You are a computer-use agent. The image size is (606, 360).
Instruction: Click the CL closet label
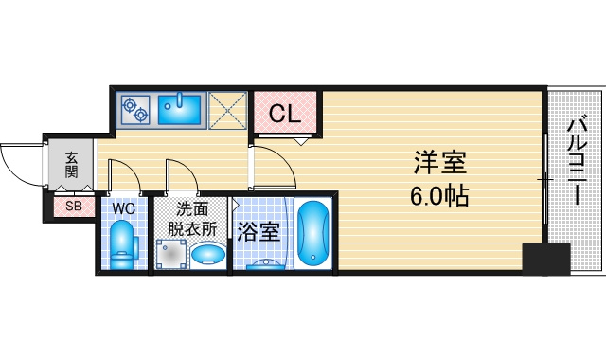pyautogui.click(x=284, y=114)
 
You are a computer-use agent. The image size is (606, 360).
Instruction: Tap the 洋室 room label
pyautogui.click(x=440, y=162)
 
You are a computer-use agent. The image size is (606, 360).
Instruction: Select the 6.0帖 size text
pyautogui.click(x=439, y=196)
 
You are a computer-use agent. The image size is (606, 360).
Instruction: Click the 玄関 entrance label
pyautogui.click(x=72, y=165)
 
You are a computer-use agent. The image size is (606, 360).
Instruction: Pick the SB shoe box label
pyautogui.click(x=74, y=207)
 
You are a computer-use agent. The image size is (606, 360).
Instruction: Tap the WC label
pyautogui.click(x=124, y=208)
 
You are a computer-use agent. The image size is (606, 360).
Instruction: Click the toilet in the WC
pyautogui.click(x=123, y=244)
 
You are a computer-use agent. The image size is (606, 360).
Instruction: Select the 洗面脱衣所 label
pyautogui.click(x=192, y=219)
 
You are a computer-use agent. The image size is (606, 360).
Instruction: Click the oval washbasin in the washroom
pyautogui.click(x=208, y=254)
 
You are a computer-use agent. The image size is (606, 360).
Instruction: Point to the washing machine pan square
pyautogui.click(x=170, y=254)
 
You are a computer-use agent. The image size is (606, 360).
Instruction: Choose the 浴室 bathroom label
pyautogui.click(x=258, y=231)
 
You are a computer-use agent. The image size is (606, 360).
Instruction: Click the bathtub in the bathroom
pyautogui.click(x=313, y=233)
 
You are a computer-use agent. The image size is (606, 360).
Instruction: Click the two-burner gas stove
pyautogui.click(x=135, y=109)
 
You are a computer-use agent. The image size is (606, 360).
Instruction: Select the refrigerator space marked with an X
pyautogui.click(x=227, y=110)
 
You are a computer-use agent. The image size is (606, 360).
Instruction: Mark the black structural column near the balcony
pyautogui.click(x=546, y=259)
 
